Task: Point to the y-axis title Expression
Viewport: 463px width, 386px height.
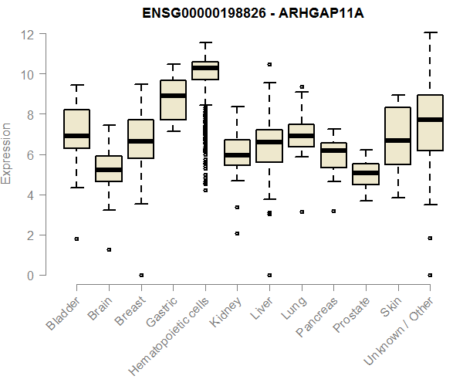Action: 7,153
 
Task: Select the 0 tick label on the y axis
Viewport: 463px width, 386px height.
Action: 30,276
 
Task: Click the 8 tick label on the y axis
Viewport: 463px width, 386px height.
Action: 30,115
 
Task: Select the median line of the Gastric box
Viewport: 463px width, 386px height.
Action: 173,96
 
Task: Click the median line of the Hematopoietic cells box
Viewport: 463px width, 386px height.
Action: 205,68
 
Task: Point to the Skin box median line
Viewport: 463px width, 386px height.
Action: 398,141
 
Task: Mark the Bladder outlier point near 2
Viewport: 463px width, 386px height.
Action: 76,239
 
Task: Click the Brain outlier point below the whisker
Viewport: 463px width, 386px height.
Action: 109,249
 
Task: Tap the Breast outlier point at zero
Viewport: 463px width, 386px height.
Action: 141,275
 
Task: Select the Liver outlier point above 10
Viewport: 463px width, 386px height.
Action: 269,64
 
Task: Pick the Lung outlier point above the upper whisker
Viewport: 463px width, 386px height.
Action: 302,87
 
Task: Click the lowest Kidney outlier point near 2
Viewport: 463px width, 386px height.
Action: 237,233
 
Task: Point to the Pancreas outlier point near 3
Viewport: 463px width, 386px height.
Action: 333,211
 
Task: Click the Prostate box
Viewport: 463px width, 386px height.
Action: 366,174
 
